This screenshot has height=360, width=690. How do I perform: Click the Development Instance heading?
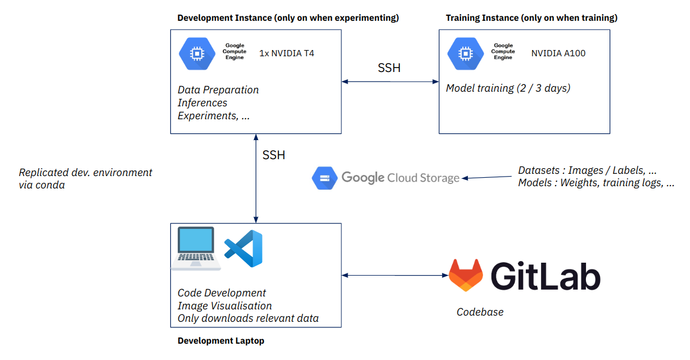pos(288,18)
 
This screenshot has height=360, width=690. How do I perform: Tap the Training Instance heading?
pos(531,18)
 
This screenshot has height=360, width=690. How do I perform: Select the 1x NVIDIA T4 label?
pos(287,53)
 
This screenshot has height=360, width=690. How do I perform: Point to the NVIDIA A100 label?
pos(558,53)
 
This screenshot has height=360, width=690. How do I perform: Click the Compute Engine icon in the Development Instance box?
pos(197,53)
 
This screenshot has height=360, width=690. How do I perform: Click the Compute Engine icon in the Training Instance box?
pos(466,53)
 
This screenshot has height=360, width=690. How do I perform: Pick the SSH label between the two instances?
pos(389,68)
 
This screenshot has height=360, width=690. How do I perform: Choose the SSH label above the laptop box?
pos(274,155)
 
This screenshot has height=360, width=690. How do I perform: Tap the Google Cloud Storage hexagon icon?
pos(324,178)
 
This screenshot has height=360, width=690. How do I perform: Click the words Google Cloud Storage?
pos(400,178)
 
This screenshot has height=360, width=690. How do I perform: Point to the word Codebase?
pos(480,312)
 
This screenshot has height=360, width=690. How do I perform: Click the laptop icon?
pos(196,248)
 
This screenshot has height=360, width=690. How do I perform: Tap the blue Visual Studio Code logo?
pos(243,248)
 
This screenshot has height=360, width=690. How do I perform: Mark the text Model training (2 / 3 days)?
pos(508,88)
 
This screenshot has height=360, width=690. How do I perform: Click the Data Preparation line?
pos(218,90)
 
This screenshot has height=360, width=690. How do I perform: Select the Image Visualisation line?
pos(224,306)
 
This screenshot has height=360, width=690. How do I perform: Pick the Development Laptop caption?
pos(220,341)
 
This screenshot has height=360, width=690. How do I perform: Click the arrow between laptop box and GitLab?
pos(395,275)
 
